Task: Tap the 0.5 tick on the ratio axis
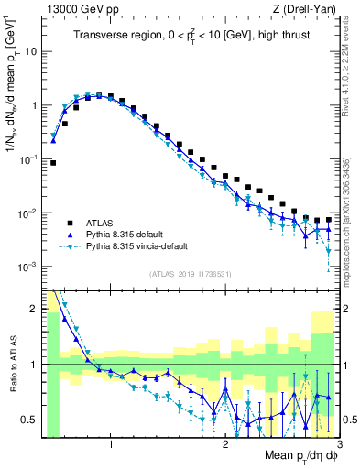tap(29, 420)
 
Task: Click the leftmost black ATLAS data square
tap(53, 163)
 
